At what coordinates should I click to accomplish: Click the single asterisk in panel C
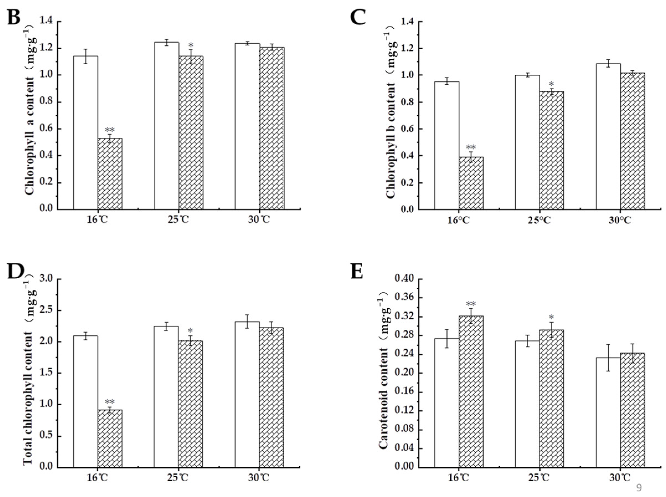(x=551, y=84)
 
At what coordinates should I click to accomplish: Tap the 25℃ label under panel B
(x=178, y=220)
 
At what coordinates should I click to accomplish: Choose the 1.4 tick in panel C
(x=409, y=22)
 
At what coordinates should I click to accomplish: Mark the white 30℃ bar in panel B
(x=247, y=126)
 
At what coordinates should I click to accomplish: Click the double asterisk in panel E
(x=471, y=303)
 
